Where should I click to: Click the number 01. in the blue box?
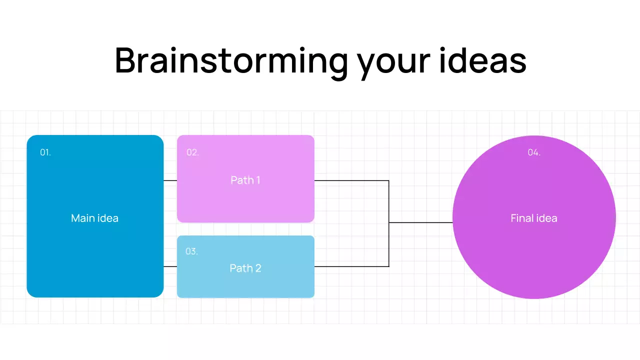45,152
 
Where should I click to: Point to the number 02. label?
192,152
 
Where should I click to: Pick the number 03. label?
191,251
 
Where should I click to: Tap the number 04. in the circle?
534,152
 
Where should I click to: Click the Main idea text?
94,218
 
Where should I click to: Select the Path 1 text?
245,180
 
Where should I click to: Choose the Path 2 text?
245,268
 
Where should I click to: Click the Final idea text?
533,218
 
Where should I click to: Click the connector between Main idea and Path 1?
170,180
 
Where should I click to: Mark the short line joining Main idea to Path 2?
170,266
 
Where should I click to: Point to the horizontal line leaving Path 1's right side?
350,180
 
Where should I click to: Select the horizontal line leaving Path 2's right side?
350,266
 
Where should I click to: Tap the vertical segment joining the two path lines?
389,200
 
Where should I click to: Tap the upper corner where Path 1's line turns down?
389,180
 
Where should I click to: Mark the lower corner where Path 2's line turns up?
389,266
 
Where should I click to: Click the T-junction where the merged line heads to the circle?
389,222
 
